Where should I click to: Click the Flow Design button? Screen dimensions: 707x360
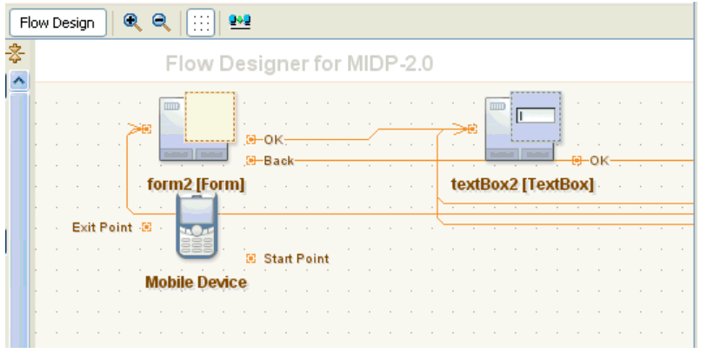coord(57,23)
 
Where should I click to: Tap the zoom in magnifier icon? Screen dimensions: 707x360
coord(132,23)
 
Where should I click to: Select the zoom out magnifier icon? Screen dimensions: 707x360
coord(162,23)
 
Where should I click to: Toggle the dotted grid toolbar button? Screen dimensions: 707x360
coord(201,23)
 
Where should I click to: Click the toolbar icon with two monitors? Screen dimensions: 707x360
coord(240,22)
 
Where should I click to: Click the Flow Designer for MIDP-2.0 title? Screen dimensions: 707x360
coord(299,63)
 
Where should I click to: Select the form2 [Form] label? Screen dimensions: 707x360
coord(197,184)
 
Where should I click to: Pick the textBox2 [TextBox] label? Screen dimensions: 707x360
coord(523,184)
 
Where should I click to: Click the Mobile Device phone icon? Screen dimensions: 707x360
coord(197,225)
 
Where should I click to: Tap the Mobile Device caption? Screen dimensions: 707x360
coord(197,283)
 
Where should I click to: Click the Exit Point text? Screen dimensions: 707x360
coord(103,227)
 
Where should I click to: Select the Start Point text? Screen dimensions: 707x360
coord(297,258)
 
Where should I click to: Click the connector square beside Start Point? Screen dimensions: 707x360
coord(251,258)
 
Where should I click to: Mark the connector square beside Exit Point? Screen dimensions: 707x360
coord(147,227)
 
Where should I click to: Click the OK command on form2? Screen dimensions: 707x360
coord(274,140)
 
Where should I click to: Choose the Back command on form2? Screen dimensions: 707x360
coord(278,161)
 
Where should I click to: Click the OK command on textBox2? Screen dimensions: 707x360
coord(600,161)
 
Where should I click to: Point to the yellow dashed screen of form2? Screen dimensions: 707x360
coord(210,117)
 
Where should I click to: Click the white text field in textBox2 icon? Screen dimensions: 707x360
coord(536,116)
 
